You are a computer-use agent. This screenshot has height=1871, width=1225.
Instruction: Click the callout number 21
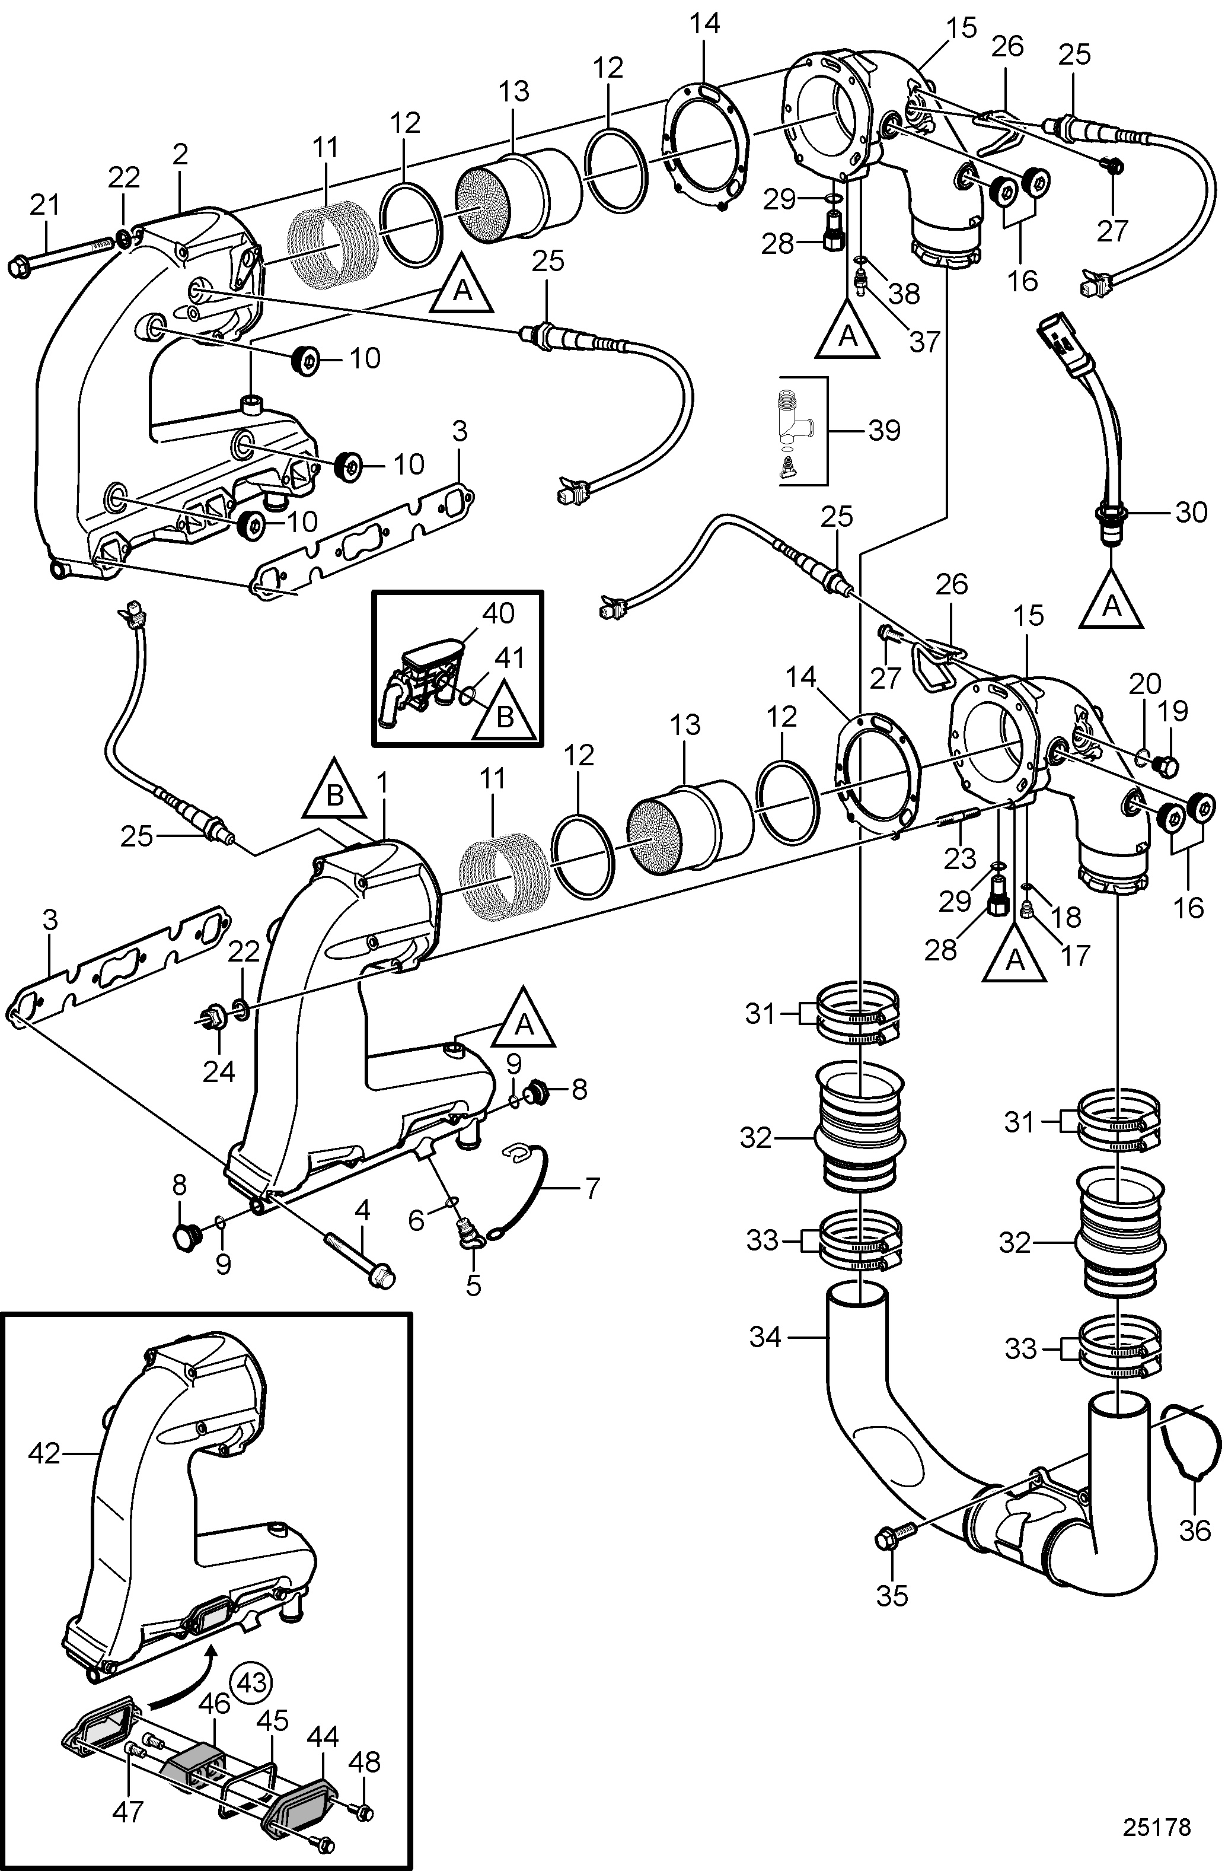44,206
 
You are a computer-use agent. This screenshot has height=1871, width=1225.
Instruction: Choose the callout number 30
1189,512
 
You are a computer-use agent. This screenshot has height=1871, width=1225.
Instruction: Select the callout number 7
591,1186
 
